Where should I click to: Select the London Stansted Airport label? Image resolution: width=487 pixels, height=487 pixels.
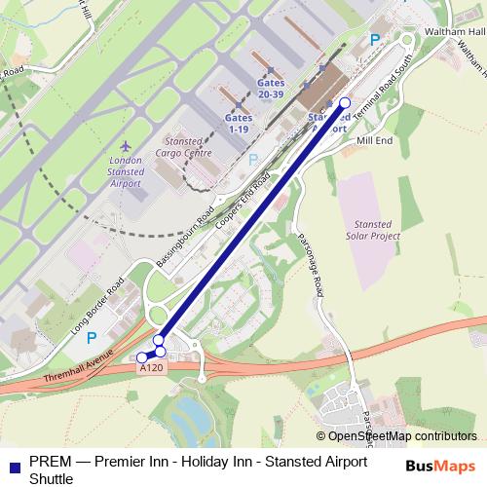(x=126, y=171)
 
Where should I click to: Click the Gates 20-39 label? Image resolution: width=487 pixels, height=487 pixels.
(x=271, y=87)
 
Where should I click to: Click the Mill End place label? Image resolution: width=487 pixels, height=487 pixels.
(x=374, y=140)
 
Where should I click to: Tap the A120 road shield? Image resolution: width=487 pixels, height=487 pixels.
(x=151, y=369)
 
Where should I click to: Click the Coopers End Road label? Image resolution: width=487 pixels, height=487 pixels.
(x=245, y=200)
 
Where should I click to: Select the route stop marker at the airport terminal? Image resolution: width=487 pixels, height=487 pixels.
(x=344, y=101)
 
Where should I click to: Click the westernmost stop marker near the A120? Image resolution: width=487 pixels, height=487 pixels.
(x=142, y=357)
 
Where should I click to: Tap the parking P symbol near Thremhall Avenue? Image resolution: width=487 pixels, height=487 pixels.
(x=93, y=338)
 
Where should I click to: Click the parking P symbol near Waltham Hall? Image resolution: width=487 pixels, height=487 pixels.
(x=375, y=40)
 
